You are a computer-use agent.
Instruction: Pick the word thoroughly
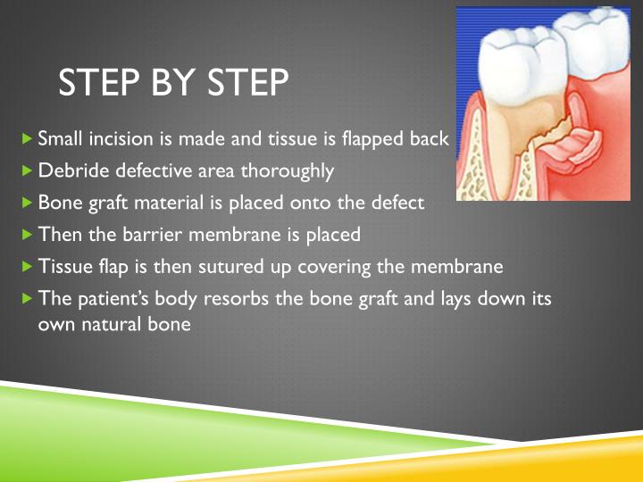pos(291,170)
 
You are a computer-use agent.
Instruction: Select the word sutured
pos(217,266)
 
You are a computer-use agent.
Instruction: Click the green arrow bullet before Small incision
pos(27,139)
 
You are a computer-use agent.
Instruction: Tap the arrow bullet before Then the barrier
pos(27,235)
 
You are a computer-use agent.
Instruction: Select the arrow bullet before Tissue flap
pos(27,267)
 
